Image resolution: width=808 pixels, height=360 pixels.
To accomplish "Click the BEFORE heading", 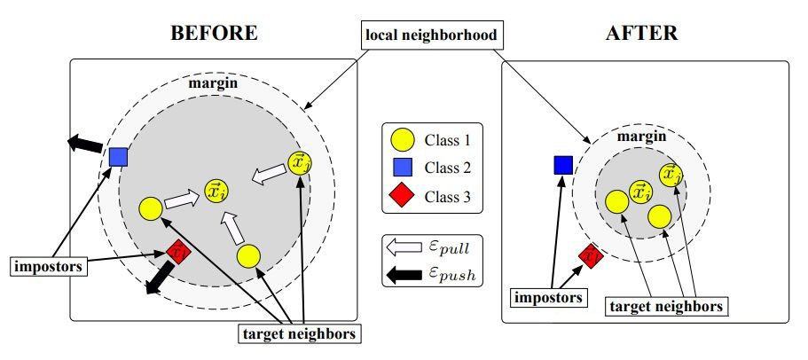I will coord(214,33).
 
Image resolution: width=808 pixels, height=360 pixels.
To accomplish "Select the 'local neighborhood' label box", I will coord(431,36).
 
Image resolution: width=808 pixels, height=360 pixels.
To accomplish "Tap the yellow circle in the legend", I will coord(403,139).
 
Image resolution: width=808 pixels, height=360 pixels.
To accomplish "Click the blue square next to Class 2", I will coord(403,167).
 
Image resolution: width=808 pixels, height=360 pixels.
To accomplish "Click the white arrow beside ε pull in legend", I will coord(403,249).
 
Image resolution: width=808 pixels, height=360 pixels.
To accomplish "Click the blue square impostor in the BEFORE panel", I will coord(119,157).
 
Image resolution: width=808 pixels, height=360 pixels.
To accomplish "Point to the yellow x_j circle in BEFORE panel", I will coord(300,162).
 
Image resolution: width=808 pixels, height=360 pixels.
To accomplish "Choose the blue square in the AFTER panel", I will coord(562,164).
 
